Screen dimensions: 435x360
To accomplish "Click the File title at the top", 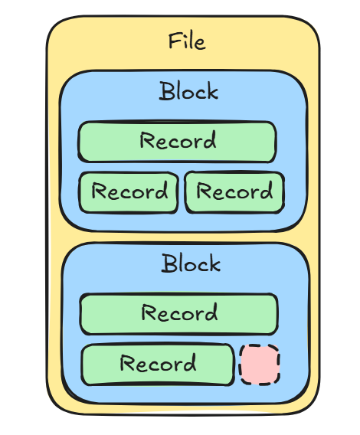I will pos(187,40).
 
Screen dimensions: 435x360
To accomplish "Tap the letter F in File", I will pos(174,41).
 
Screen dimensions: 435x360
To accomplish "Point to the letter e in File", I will pos(200,42).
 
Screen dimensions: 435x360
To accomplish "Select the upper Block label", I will pos(188,91).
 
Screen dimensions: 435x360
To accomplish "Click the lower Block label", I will pos(191,263).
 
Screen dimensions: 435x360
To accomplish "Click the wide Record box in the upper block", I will pos(178,142).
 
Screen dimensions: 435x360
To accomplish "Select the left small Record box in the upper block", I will pos(129,191).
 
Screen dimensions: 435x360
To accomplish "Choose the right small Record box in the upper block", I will pos(234,191).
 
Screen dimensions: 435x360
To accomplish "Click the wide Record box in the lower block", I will pos(179,313).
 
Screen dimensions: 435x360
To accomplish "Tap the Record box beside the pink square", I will pos(157,363).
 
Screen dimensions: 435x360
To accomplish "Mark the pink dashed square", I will pos(260,365).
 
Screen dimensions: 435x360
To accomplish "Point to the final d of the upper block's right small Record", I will pos(267,191).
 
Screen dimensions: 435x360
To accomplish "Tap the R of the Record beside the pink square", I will pos(126,363).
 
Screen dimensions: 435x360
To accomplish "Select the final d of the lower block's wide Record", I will pos(211,312).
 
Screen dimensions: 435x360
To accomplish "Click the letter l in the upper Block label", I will pos(182,91).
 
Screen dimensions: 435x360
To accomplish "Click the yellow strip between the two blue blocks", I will pos(184,237).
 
